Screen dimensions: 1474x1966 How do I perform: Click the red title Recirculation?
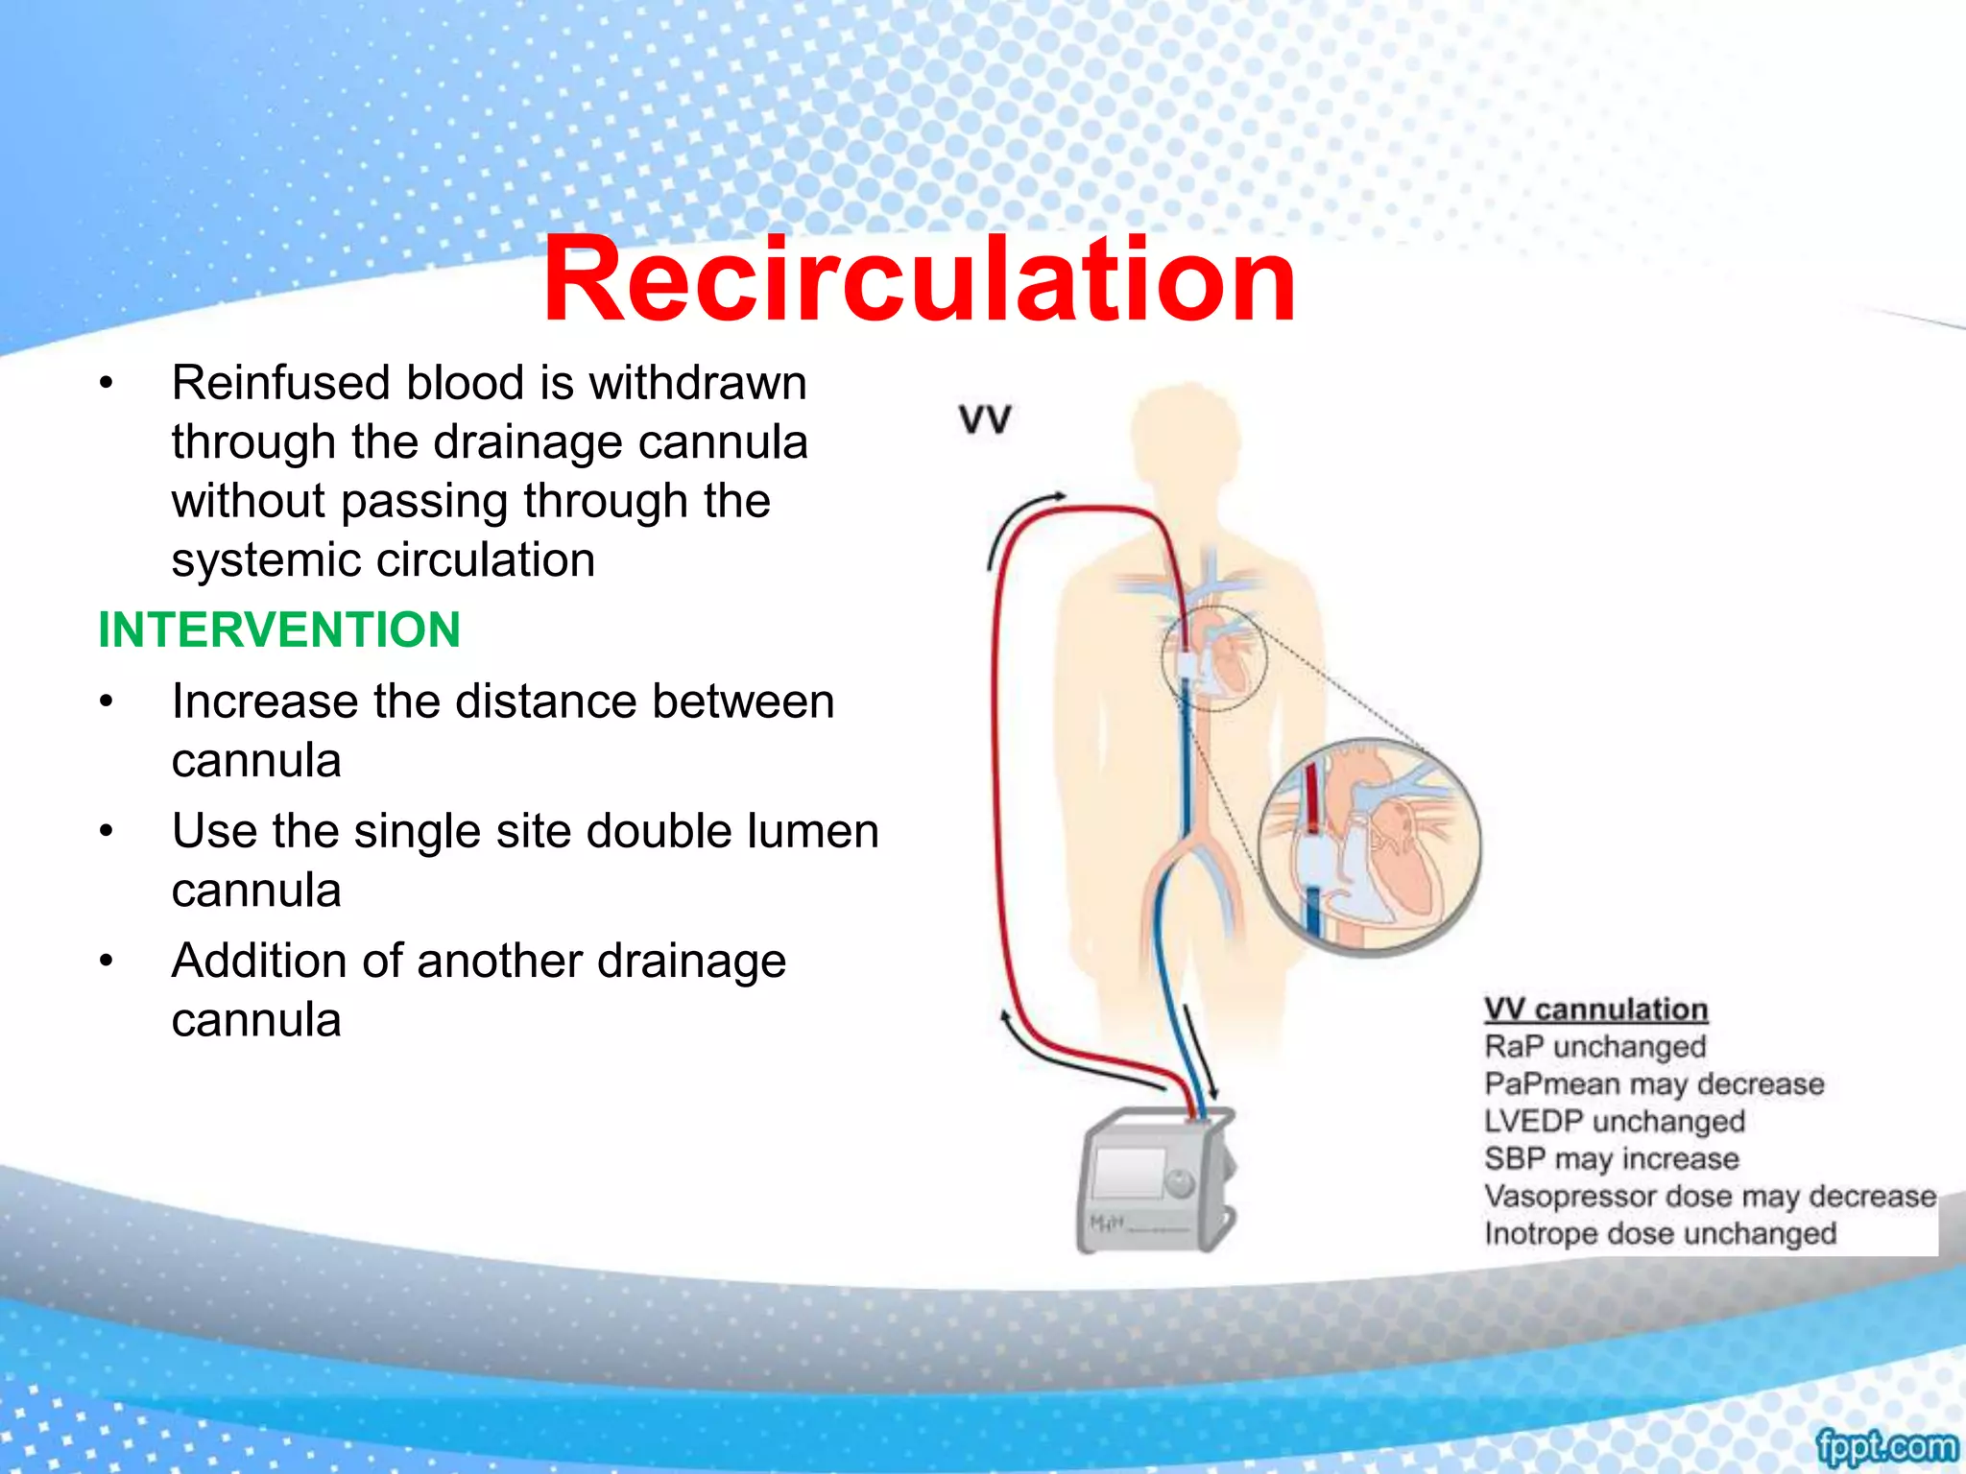[919, 280]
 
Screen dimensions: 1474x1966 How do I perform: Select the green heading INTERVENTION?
[279, 630]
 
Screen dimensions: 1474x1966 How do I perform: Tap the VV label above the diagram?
[985, 419]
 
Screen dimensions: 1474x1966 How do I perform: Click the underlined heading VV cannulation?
[1595, 1010]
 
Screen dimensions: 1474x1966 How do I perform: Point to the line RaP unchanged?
[1594, 1046]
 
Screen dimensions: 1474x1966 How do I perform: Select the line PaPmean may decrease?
[1653, 1083]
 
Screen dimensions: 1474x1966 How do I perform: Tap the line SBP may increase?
[1611, 1158]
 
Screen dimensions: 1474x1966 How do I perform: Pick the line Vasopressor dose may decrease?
[1709, 1196]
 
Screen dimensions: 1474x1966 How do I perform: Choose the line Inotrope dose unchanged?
[1660, 1233]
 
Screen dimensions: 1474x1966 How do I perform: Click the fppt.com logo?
[1885, 1444]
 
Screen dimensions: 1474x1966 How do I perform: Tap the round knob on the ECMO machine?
[1179, 1182]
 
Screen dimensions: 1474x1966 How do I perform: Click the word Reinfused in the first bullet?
[280, 383]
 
